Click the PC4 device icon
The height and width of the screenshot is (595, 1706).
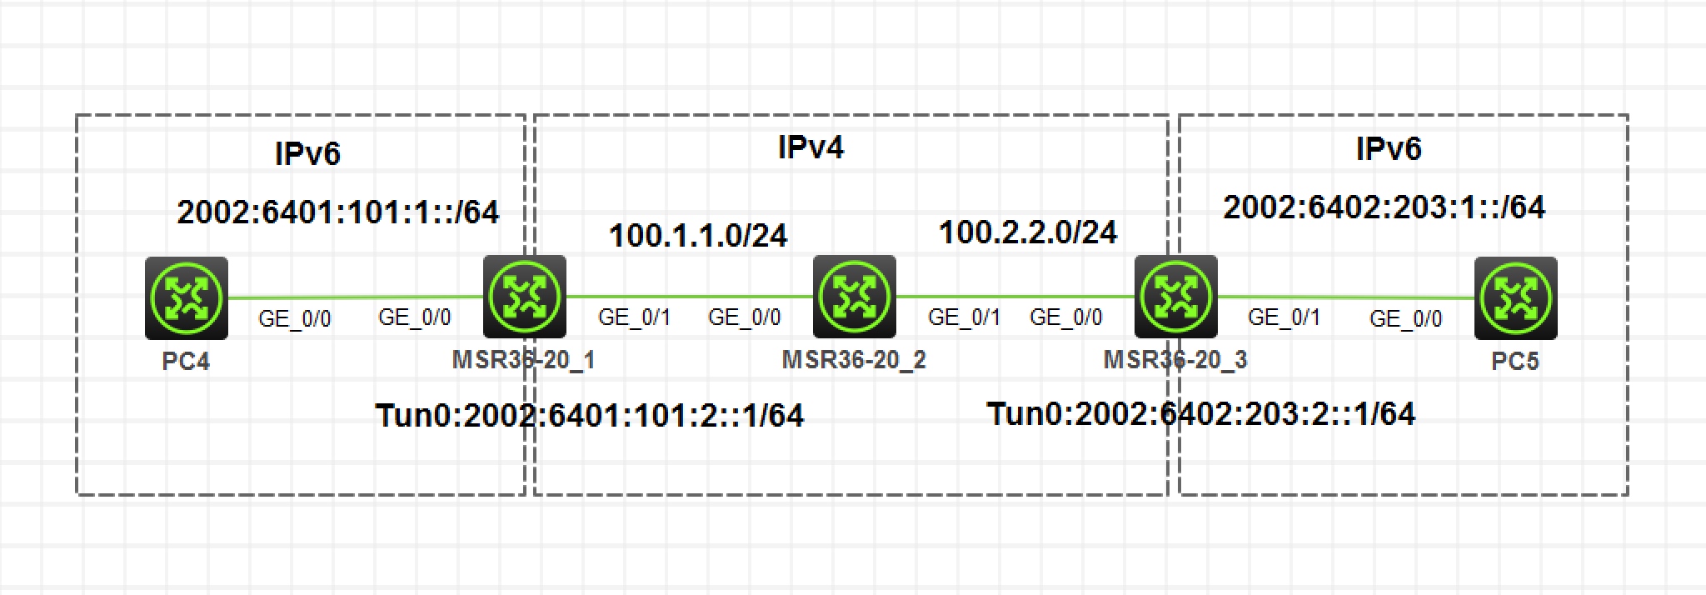click(x=186, y=297)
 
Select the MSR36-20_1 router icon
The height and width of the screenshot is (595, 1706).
click(x=525, y=297)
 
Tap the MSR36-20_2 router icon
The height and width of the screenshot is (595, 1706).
click(x=854, y=297)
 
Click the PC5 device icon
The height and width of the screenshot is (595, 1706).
click(x=1515, y=298)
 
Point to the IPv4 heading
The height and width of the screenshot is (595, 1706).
click(x=811, y=147)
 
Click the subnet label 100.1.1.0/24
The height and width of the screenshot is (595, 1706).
click(x=698, y=236)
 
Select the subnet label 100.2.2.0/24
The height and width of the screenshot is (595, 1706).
click(x=1028, y=232)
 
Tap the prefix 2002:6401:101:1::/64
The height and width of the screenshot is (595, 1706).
click(x=337, y=212)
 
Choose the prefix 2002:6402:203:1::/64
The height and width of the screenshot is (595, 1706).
click(x=1384, y=207)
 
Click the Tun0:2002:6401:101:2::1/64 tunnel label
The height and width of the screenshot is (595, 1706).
click(x=590, y=415)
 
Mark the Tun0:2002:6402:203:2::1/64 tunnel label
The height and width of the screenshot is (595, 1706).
click(x=1200, y=413)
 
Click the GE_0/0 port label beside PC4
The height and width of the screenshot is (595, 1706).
click(x=294, y=319)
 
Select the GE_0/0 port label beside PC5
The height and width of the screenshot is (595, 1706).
click(x=1405, y=319)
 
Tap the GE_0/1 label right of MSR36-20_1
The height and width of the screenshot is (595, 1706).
click(x=634, y=317)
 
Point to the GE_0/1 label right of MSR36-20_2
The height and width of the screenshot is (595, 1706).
click(x=964, y=317)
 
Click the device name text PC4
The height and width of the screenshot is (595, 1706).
click(x=186, y=361)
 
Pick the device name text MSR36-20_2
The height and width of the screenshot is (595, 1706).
click(x=854, y=360)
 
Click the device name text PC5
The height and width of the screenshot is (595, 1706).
click(x=1514, y=362)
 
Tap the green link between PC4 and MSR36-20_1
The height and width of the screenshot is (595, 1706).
click(x=354, y=297)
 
